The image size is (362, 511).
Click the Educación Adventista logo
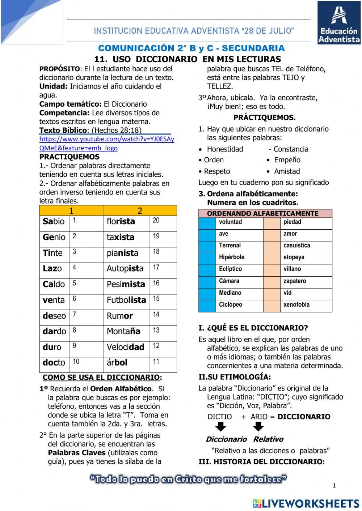(339, 23)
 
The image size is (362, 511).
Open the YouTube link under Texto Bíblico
(106, 144)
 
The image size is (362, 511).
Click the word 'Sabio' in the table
(54, 222)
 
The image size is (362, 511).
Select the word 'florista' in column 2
(121, 222)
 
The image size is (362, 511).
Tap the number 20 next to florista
(156, 221)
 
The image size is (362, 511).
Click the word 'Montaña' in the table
(123, 331)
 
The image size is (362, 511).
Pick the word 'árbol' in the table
(117, 363)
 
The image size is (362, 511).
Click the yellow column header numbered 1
(71, 211)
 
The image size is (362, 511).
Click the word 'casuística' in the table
(296, 246)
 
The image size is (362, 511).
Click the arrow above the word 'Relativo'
(258, 427)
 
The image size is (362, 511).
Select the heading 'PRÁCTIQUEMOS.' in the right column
(264, 118)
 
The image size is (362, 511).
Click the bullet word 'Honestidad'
(225, 149)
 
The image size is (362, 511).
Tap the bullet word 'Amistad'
(287, 171)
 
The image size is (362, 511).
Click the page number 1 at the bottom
(334, 486)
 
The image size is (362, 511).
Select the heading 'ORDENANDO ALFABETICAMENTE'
(262, 213)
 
